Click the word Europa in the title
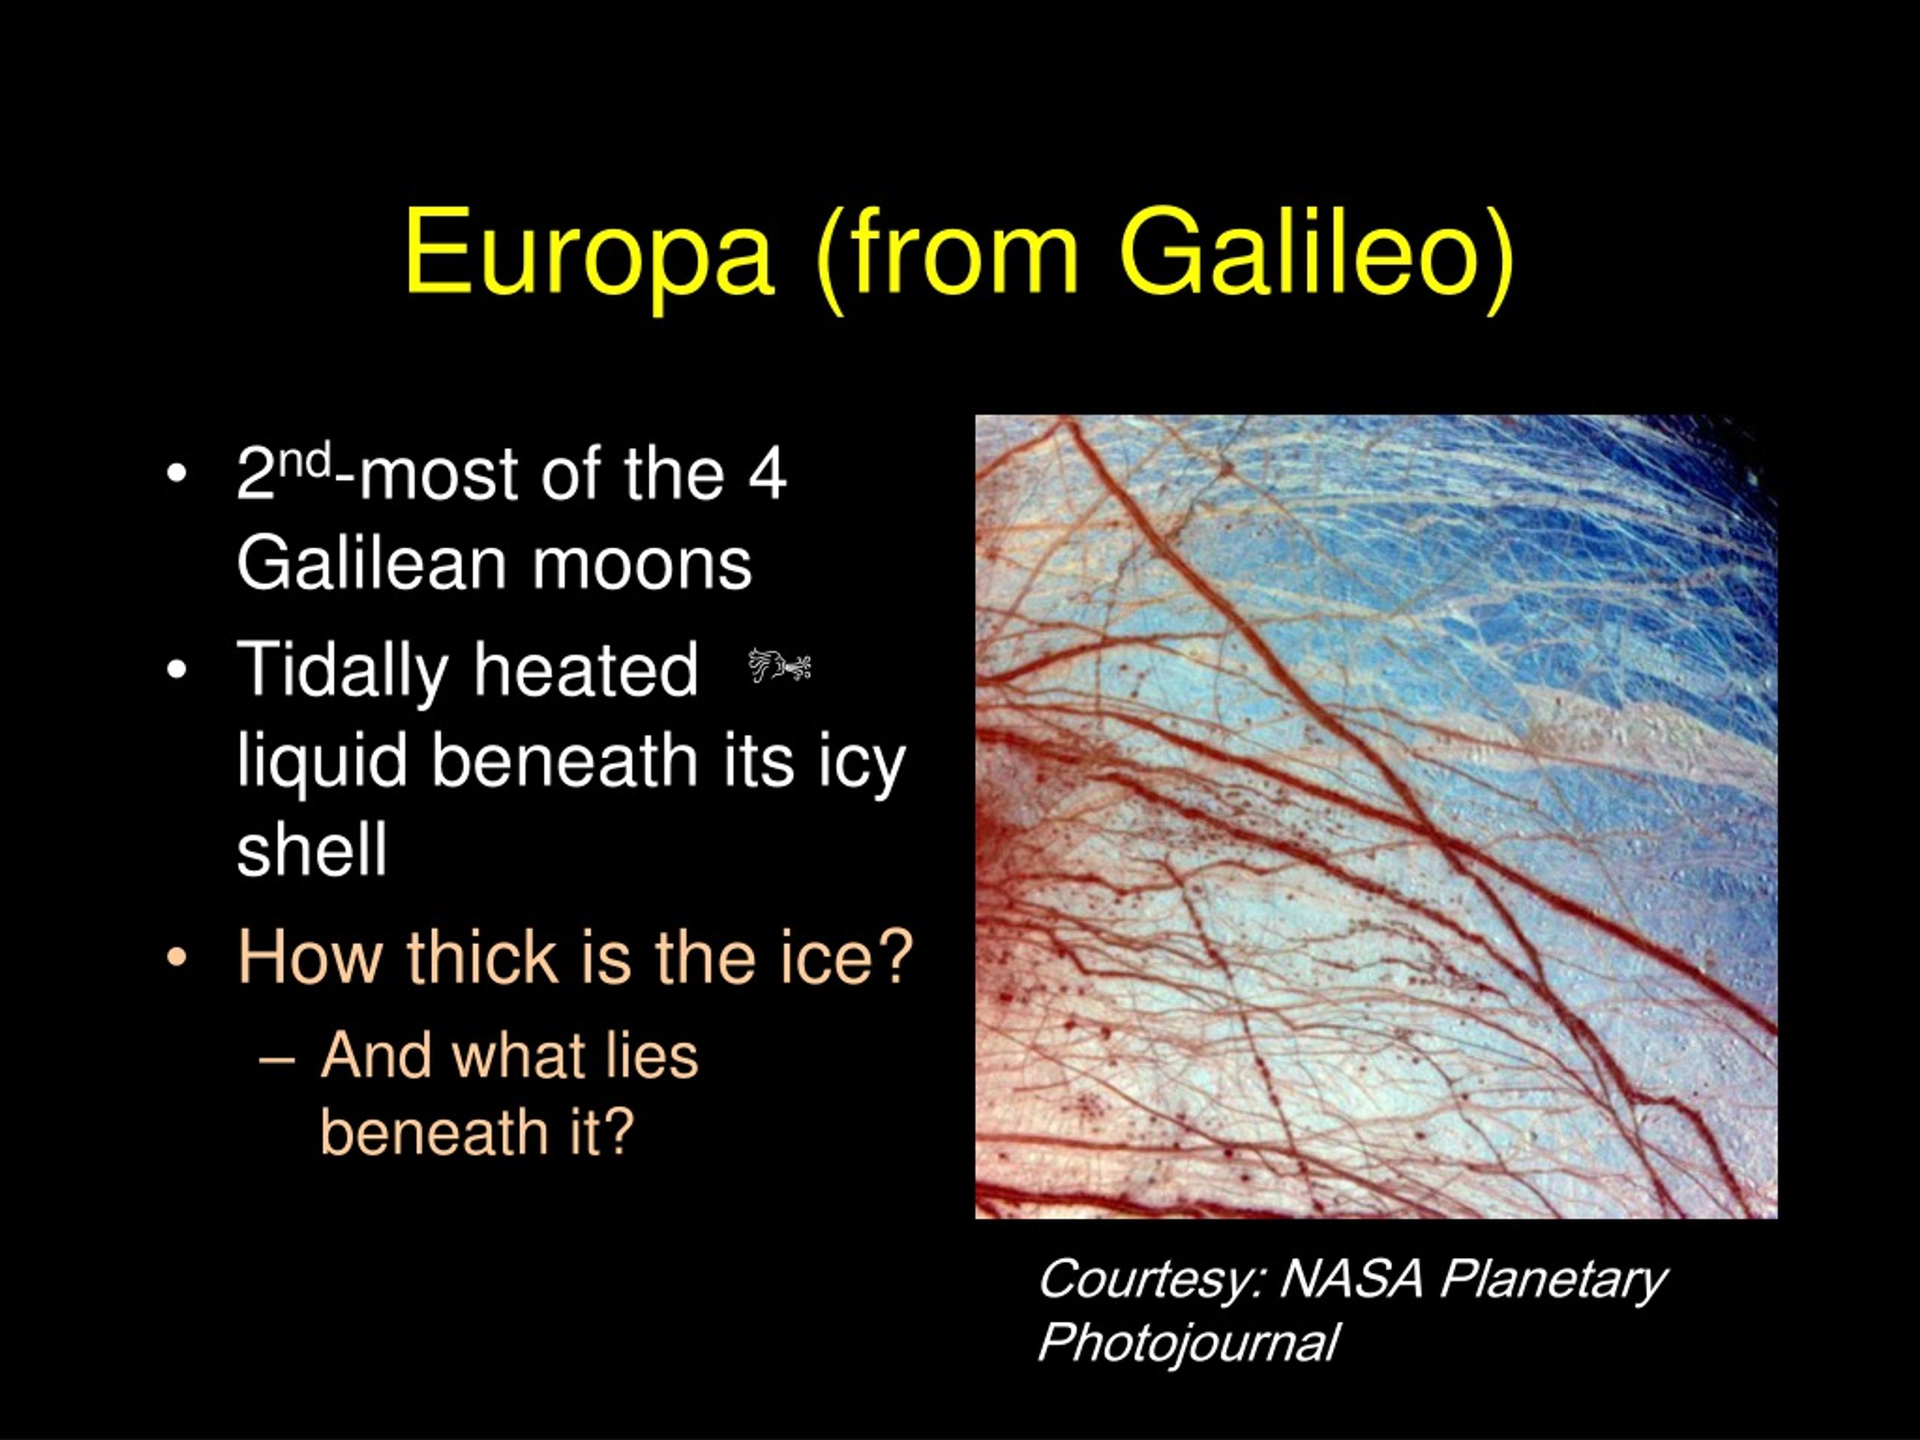589,253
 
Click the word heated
586,669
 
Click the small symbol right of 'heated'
778,667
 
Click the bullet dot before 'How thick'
176,958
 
